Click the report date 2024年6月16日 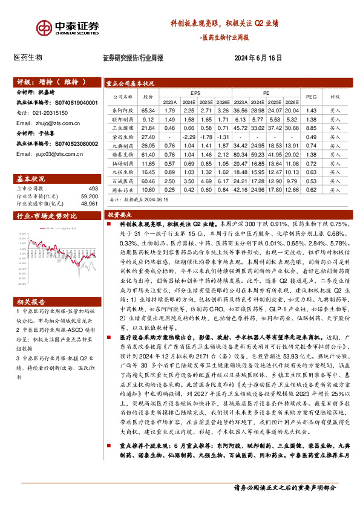(258, 58)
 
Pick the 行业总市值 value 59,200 (88, 197)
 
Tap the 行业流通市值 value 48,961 (88, 204)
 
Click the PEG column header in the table (312, 97)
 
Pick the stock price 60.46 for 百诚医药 (148, 181)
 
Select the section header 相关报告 (29, 300)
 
